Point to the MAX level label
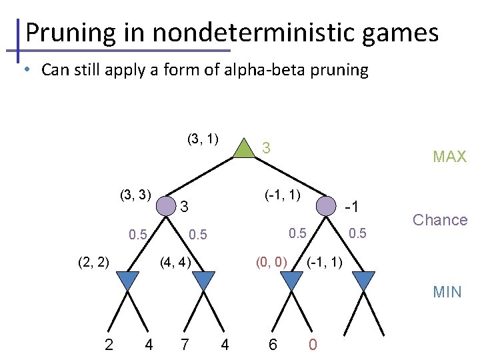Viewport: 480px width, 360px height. (449, 157)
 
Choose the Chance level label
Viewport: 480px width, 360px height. (440, 220)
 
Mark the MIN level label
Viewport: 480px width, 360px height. (447, 291)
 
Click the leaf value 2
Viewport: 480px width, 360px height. (109, 345)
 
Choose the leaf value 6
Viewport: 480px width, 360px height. (273, 345)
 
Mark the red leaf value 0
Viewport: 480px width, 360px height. (313, 345)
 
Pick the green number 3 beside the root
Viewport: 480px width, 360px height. (265, 148)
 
